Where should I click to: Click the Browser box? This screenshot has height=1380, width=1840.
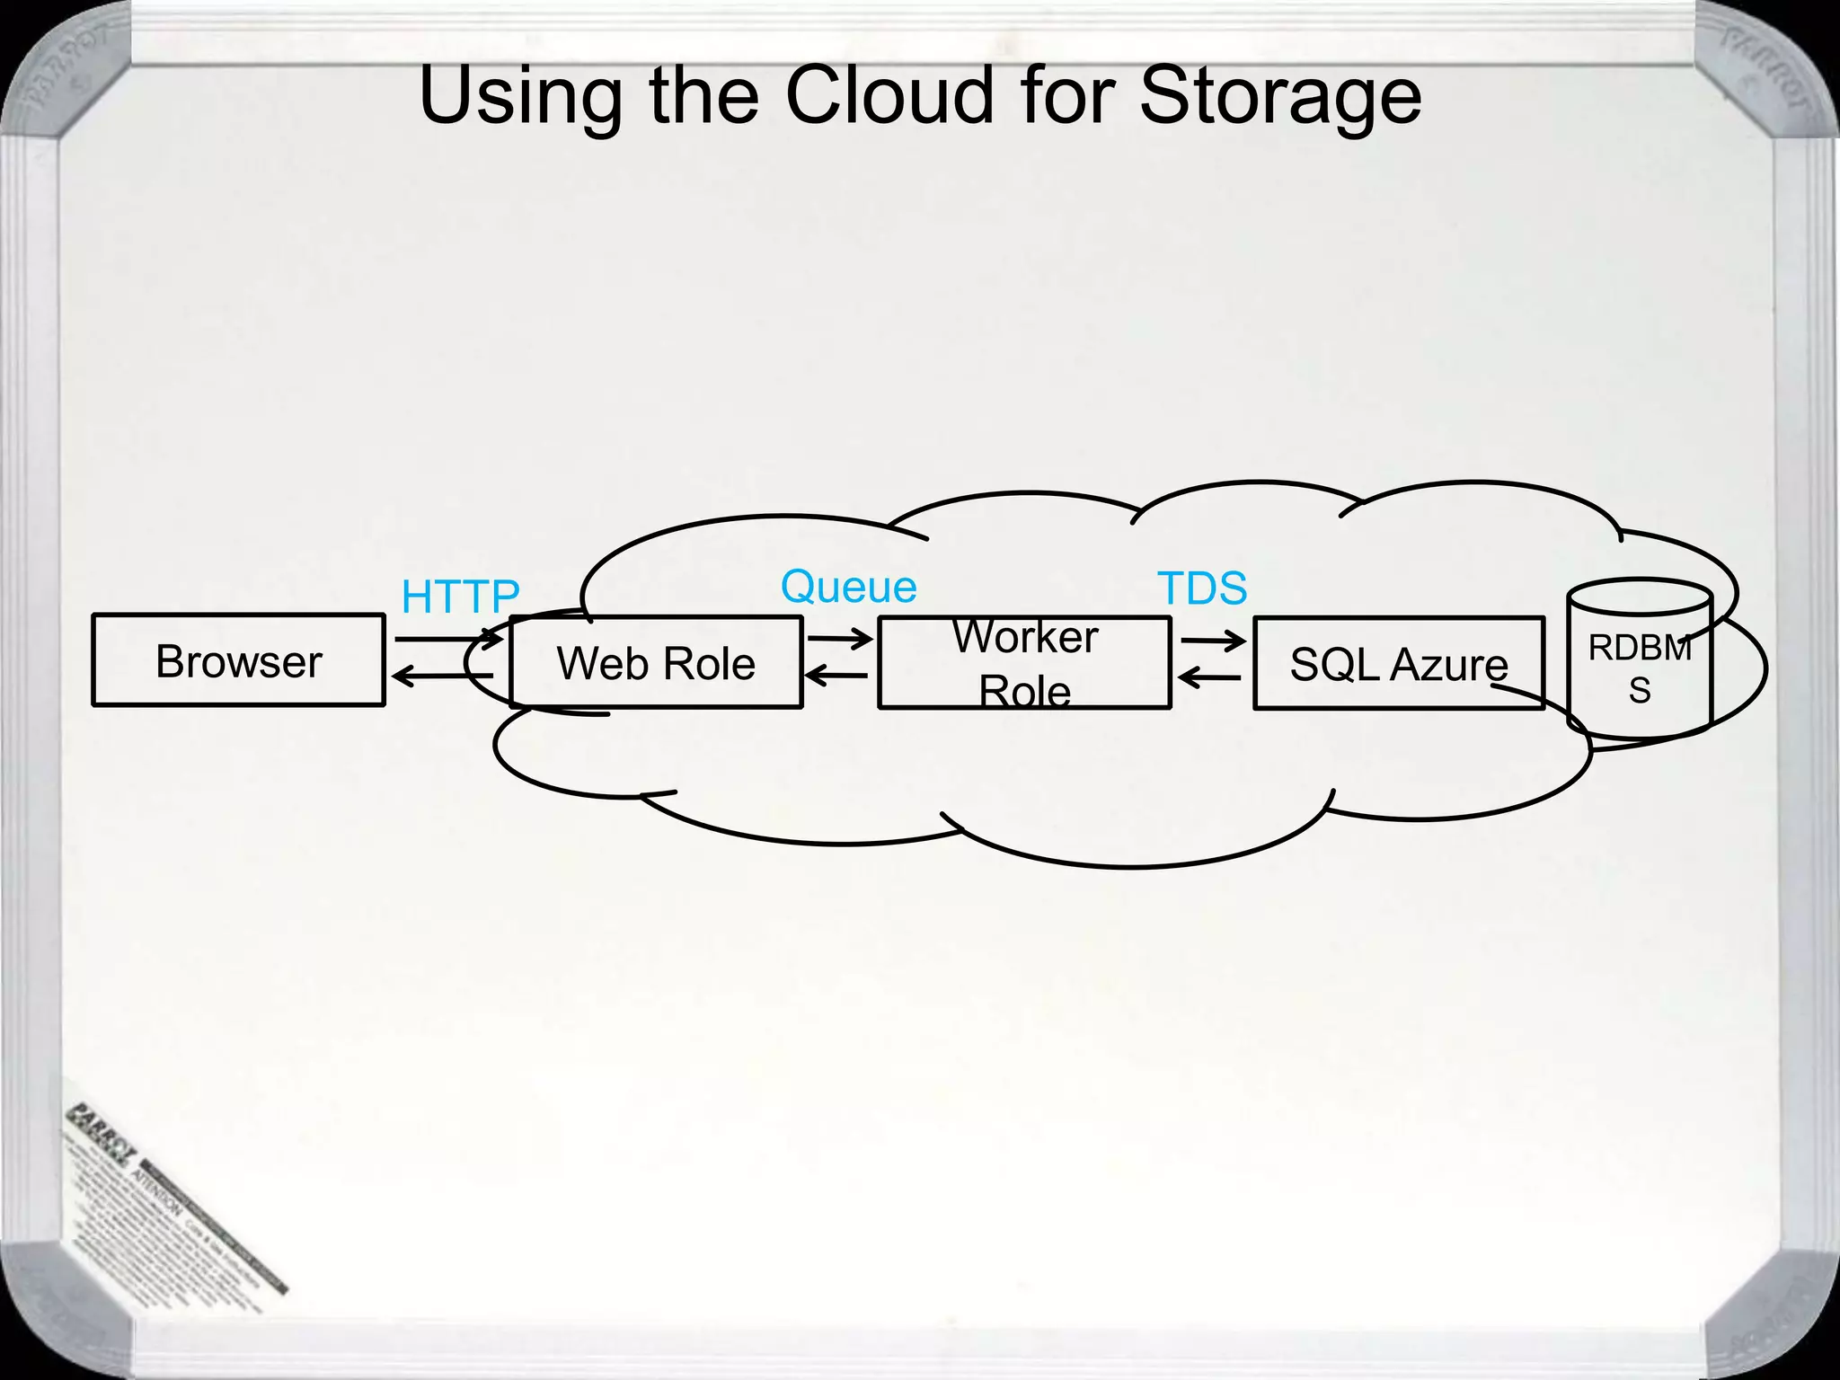pos(238,660)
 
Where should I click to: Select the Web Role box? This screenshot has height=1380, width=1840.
pos(656,663)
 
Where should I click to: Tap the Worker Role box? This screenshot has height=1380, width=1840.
pos(1024,663)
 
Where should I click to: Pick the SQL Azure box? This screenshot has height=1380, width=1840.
pos(1398,664)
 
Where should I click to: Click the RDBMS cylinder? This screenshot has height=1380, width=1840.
pos(1640,660)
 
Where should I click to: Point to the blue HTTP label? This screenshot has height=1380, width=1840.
pos(460,597)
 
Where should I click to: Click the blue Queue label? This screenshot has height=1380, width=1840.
pos(848,588)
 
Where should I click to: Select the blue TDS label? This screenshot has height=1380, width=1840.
pos(1202,589)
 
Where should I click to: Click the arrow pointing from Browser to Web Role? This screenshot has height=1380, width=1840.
pos(449,639)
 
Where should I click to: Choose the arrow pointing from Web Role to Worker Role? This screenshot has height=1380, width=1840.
pos(840,639)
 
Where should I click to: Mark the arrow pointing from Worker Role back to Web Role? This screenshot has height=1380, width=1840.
pos(836,675)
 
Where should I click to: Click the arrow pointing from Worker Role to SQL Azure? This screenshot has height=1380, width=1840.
pos(1213,641)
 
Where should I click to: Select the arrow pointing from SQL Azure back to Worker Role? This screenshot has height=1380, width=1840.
pos(1209,677)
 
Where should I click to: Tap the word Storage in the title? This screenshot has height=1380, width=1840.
pos(1280,97)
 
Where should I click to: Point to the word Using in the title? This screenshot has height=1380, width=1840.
pos(521,97)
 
